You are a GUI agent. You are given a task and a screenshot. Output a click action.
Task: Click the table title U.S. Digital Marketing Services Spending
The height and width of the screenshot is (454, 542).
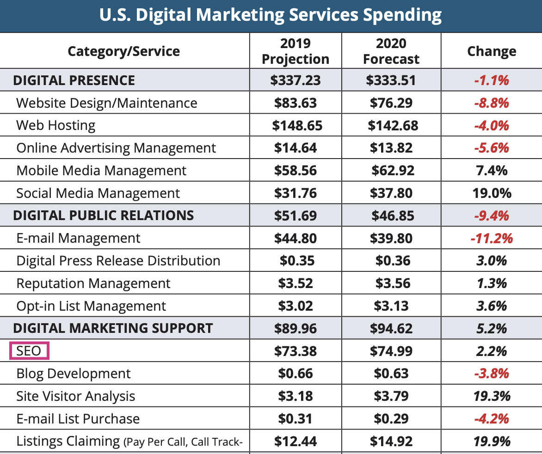271,15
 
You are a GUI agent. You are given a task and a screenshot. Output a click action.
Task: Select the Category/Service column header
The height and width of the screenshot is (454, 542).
124,51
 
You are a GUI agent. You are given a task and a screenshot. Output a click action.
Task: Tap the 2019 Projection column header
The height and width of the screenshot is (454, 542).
296,51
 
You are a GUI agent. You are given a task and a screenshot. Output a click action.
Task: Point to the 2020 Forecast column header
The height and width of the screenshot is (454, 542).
391,51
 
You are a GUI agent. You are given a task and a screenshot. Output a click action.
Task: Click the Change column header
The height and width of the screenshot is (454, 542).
492,51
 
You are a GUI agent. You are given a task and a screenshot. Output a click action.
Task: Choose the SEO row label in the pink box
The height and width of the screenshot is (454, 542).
29,351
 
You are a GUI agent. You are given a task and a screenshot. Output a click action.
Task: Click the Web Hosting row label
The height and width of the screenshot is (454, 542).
56,125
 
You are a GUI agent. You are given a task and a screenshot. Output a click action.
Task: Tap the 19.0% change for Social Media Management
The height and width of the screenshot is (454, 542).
492,193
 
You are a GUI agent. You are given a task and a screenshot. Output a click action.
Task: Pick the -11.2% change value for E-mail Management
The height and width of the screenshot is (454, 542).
492,238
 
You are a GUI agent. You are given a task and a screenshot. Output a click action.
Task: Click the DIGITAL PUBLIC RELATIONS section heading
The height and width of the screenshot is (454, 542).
104,215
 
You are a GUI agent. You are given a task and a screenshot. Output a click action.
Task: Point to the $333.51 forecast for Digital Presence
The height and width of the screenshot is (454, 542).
391,80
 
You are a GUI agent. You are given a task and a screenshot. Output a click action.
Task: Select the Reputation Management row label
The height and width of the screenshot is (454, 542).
93,283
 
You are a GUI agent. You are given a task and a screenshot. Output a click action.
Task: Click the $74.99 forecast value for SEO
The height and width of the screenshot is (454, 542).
391,351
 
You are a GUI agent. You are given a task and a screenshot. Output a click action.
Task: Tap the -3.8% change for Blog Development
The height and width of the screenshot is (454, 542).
492,374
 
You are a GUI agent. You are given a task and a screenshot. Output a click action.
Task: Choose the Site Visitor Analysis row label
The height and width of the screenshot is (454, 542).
76,396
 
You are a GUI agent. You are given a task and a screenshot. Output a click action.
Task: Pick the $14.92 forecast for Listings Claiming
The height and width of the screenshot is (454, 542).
391,442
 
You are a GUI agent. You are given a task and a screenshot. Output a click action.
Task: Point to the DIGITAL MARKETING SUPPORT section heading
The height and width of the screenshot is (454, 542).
113,328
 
